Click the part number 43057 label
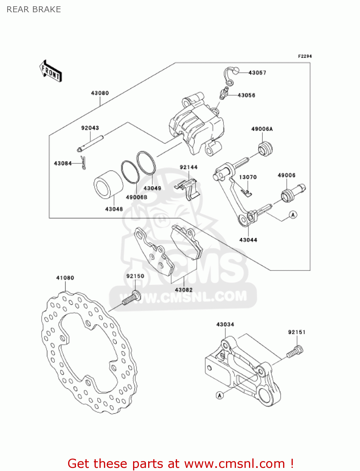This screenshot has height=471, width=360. [257, 73]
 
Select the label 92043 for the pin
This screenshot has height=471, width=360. [90, 128]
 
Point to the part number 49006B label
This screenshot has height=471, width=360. [137, 197]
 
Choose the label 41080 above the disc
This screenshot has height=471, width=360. [65, 278]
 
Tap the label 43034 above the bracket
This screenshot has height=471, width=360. [225, 324]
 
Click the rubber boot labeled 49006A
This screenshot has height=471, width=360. [265, 149]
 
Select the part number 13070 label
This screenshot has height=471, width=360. [248, 177]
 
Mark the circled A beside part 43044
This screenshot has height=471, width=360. [293, 215]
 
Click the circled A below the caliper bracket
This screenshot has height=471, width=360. [220, 395]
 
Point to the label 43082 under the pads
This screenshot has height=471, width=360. [184, 290]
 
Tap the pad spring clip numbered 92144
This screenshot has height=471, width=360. [187, 188]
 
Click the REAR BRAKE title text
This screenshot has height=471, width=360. [34, 9]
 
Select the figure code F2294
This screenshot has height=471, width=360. [305, 56]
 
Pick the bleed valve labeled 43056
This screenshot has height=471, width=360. [223, 93]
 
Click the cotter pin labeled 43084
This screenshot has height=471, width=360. [83, 162]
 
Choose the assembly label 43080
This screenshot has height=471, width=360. [100, 93]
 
